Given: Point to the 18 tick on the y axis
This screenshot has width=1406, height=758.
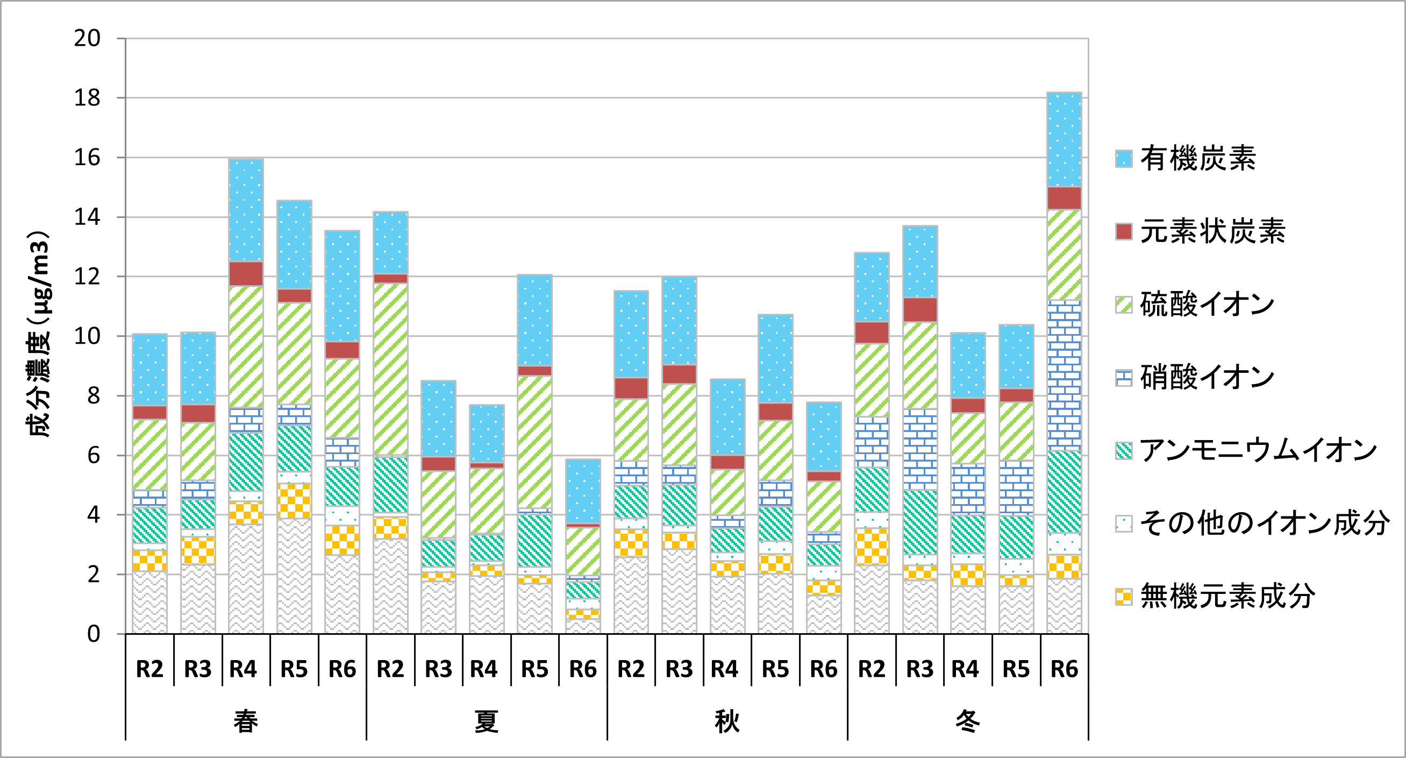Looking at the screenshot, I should click(87, 98).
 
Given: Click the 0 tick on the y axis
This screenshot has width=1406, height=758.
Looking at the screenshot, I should click(94, 634).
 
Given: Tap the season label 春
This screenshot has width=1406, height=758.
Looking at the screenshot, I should click(246, 721).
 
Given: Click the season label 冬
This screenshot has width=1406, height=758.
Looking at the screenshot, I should click(968, 721).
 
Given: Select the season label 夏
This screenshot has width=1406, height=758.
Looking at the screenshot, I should click(486, 721).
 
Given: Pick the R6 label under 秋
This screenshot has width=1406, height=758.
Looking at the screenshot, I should click(823, 669).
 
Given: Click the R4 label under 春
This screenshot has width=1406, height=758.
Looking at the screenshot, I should click(243, 669).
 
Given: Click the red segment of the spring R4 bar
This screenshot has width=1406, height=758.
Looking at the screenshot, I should click(246, 274).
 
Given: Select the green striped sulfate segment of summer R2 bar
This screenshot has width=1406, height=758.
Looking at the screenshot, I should click(390, 369).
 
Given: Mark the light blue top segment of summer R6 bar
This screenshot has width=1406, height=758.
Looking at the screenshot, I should click(583, 492).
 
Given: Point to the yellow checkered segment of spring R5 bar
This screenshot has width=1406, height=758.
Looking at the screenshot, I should click(294, 501).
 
